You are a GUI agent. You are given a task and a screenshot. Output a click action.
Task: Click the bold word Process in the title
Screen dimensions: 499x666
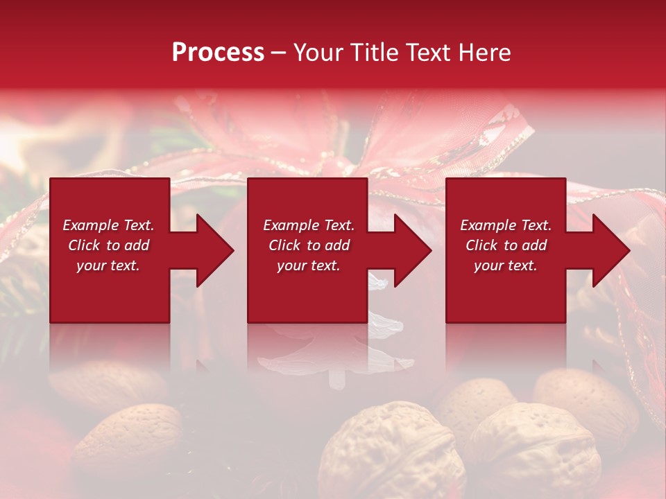point(218,52)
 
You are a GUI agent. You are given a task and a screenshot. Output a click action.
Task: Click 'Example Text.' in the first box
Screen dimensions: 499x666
point(108,225)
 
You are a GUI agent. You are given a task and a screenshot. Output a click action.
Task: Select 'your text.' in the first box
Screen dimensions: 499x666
point(108,265)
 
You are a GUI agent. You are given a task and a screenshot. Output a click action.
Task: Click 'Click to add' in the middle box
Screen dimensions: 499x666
point(309,245)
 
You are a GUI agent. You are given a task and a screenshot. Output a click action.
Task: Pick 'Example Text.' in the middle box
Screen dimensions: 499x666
point(309,225)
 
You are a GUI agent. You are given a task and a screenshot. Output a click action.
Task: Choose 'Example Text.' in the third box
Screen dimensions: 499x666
point(506,225)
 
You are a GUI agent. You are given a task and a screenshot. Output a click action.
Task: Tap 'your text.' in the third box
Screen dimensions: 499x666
point(506,265)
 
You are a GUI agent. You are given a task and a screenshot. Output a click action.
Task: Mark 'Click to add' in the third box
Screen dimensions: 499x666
point(506,245)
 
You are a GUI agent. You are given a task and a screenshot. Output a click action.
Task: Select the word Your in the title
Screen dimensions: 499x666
point(318,52)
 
